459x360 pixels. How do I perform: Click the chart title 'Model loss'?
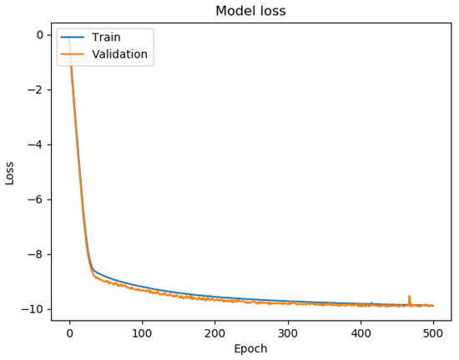coord(250,11)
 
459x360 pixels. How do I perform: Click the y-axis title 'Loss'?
coord(10,172)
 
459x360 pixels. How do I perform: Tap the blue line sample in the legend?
coord(73,38)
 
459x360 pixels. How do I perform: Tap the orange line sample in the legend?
coord(73,54)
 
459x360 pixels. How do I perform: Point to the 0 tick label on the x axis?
coord(69,332)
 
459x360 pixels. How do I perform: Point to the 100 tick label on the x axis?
coord(142,332)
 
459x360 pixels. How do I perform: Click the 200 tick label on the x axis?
coord(214,332)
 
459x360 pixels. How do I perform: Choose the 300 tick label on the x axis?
coord(287,332)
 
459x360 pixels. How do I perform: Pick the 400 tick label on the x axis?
coord(361,332)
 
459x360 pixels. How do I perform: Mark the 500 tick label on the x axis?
coord(433,332)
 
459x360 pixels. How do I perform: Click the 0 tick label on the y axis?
coord(39,35)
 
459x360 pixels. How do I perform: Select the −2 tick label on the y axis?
coord(35,90)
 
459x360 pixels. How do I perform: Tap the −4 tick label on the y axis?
coord(35,145)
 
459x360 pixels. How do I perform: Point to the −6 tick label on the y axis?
coord(35,200)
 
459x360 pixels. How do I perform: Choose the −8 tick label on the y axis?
coord(35,255)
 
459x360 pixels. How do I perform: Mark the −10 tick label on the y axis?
coord(32,309)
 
